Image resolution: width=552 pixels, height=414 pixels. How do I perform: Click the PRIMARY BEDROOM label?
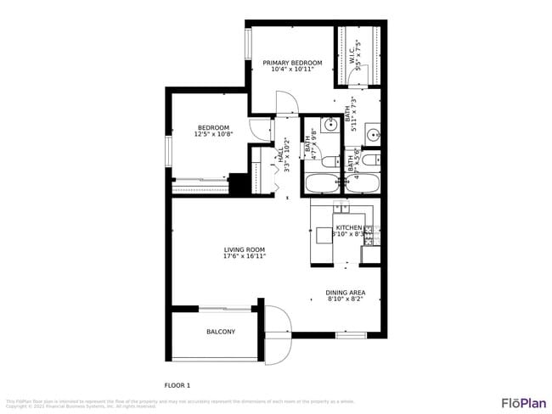(x=292, y=63)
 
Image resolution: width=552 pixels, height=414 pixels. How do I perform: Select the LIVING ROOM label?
(x=245, y=249)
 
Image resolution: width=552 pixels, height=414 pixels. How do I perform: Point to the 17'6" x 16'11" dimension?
(x=245, y=255)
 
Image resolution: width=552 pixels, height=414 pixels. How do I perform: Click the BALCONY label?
(x=221, y=332)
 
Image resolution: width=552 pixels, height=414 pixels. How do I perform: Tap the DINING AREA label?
(x=346, y=293)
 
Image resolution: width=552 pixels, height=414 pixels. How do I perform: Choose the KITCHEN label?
(x=348, y=228)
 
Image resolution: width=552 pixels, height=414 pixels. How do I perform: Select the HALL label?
(x=279, y=156)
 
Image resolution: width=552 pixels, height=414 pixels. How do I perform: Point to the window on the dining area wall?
(x=350, y=335)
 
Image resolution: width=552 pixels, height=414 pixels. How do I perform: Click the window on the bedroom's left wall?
(x=169, y=151)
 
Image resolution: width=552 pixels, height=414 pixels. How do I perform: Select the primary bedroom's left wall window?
(x=249, y=45)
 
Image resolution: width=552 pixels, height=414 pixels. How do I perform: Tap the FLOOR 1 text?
(x=177, y=385)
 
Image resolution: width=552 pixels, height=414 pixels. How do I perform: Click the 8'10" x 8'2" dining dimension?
(x=346, y=299)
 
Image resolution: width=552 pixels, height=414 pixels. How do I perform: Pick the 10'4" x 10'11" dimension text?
(x=292, y=70)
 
